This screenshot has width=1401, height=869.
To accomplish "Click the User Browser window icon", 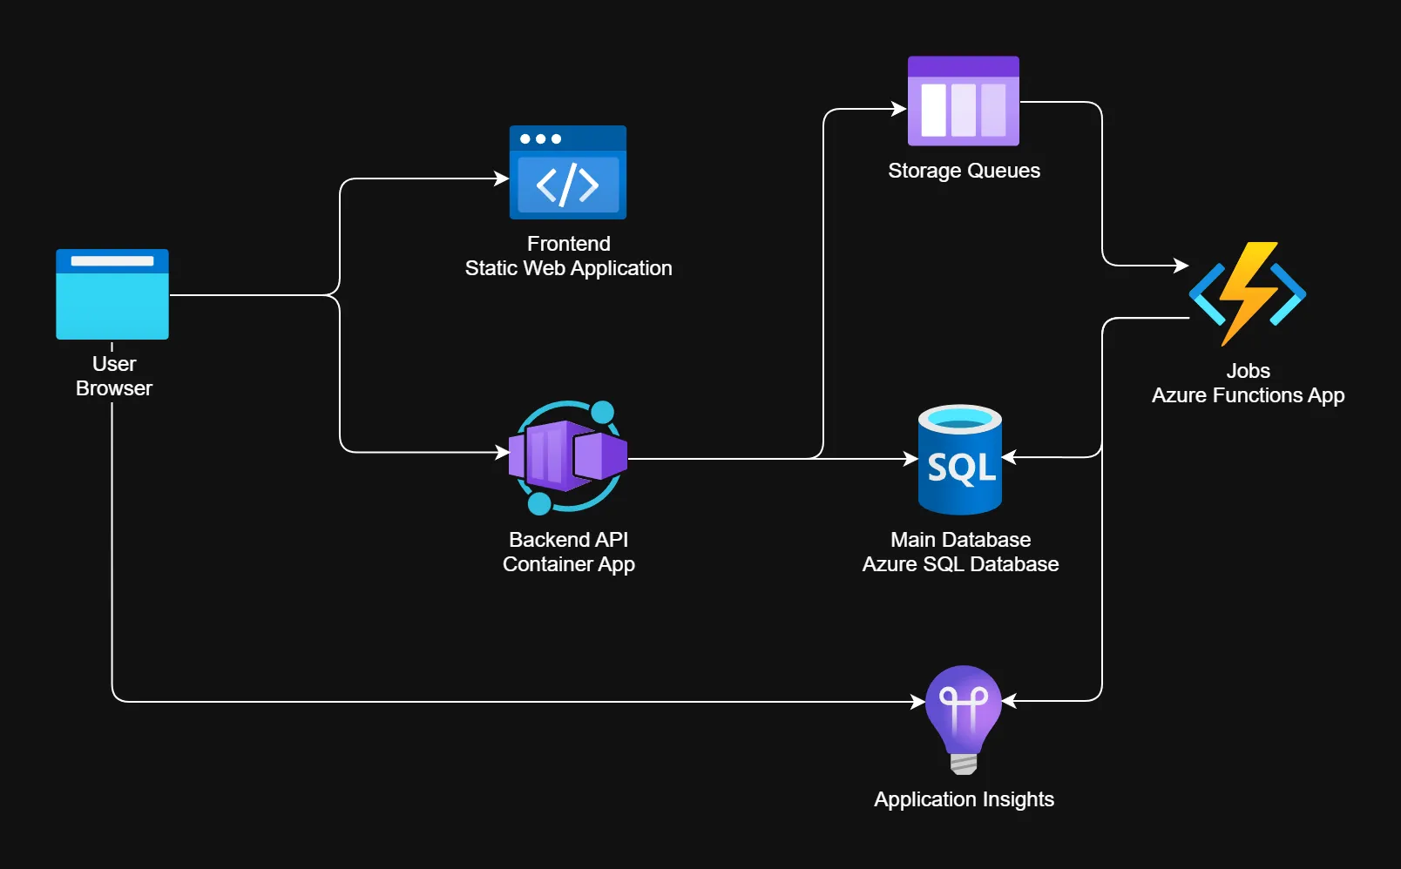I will (x=112, y=294).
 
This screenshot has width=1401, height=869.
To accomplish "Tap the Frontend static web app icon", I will (x=568, y=173).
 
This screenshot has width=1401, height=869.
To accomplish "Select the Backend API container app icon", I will (x=568, y=456).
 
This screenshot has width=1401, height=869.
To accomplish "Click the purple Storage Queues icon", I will (x=963, y=101).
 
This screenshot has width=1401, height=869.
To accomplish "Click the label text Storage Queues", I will (x=964, y=171).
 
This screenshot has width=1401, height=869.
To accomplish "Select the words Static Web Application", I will (x=568, y=268).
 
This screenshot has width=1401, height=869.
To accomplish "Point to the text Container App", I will (x=568, y=564).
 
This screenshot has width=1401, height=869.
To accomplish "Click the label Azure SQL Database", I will (x=960, y=564).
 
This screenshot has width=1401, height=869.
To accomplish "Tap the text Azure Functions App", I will (x=1248, y=395).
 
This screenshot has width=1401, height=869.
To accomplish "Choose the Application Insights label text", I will (x=964, y=799).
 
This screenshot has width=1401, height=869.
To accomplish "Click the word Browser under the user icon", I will (x=113, y=388).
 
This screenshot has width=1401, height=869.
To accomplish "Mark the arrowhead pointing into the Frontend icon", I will (x=502, y=179).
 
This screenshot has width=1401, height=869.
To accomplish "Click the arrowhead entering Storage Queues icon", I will (x=900, y=109).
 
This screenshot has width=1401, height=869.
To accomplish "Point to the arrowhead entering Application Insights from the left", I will (x=918, y=701).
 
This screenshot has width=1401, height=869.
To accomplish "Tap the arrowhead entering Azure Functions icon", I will (x=1182, y=265).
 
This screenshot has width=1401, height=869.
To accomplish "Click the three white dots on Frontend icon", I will (x=540, y=139).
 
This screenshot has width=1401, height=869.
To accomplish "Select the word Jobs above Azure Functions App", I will (x=1248, y=371).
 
